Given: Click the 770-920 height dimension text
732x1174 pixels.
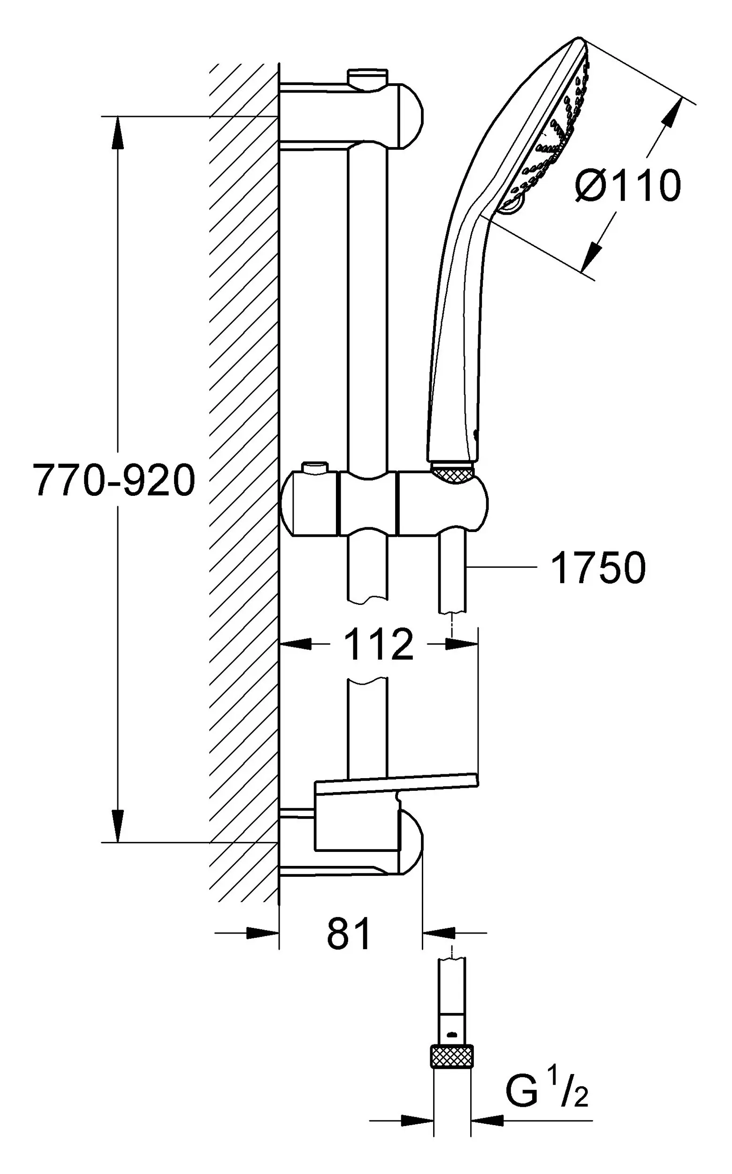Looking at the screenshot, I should pyautogui.click(x=114, y=480).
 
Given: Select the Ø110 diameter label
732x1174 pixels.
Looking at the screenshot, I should pyautogui.click(x=627, y=185).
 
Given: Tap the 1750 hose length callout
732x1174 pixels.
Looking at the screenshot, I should pyautogui.click(x=598, y=567).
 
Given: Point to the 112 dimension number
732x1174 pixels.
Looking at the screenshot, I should pyautogui.click(x=379, y=644).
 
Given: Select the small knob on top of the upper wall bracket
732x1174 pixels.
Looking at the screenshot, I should pyautogui.click(x=368, y=77).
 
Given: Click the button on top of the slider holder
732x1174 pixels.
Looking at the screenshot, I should pyautogui.click(x=315, y=469).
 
